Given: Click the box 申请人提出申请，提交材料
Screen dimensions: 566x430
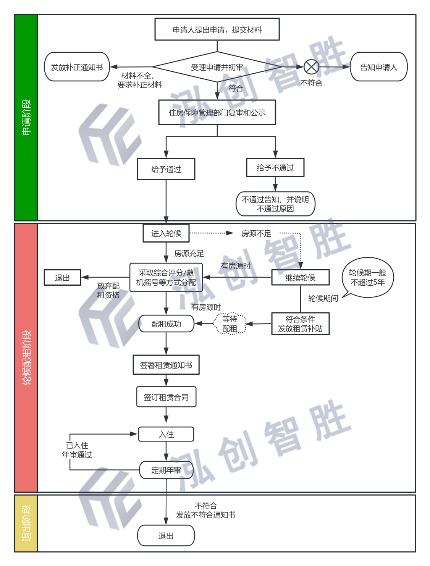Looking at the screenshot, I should tap(217, 29).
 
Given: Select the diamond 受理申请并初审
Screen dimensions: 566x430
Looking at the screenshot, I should tap(217, 67).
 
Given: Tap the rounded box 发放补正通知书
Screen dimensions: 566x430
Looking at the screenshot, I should tap(77, 67).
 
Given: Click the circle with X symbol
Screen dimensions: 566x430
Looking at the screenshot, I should tap(311, 67).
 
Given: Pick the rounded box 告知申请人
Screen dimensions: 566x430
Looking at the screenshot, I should tap(379, 67).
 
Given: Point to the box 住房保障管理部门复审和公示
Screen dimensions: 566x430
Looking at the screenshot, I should tap(217, 112).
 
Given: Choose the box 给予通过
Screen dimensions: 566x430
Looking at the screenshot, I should tap(166, 169).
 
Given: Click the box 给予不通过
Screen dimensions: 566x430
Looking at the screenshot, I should tap(275, 167).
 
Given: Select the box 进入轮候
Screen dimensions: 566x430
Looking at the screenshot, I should tap(166, 233).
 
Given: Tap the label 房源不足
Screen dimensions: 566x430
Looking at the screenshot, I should tap(256, 233).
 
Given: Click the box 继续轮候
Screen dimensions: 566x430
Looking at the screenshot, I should tap(300, 277).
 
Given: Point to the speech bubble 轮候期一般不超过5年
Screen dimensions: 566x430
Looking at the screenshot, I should tap(368, 278).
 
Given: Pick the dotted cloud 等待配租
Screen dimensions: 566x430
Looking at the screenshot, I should tap(230, 324).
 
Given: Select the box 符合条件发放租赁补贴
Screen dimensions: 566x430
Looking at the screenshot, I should tap(300, 324).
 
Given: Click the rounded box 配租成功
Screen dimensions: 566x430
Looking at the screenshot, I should tap(166, 324).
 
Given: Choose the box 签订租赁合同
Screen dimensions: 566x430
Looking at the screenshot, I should tap(166, 397).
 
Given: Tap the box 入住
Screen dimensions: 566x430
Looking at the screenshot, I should tap(166, 434).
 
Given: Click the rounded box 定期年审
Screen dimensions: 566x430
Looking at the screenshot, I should tap(166, 470).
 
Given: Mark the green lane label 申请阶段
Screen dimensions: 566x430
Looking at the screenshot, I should tap(26, 117).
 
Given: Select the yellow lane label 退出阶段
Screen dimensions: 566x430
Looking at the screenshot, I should tap(26, 523).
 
